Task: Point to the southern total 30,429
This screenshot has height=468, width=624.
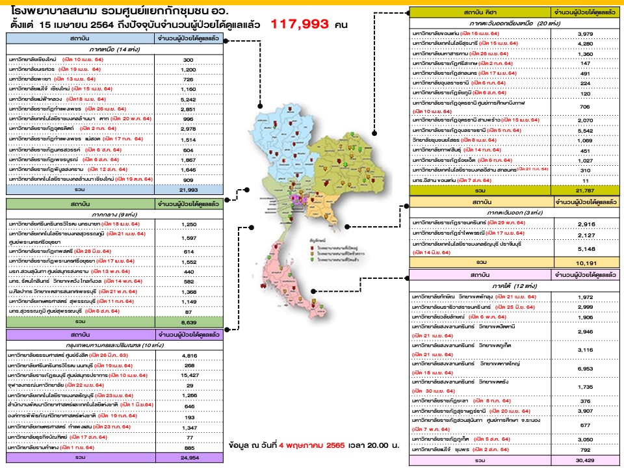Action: pos(583,461)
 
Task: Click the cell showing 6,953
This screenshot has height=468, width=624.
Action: pos(583,368)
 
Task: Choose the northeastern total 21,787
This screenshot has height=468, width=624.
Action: pos(583,190)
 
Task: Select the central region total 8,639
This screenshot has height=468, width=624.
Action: pos(188,321)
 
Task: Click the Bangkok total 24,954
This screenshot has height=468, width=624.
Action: pos(188,458)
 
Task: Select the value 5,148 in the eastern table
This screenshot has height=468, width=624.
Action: pos(583,247)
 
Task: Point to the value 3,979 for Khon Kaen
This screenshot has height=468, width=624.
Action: pos(583,33)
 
